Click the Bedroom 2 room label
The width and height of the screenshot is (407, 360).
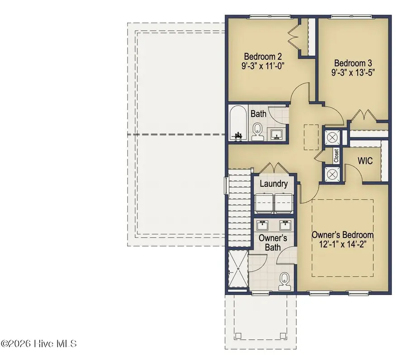click(x=263, y=57)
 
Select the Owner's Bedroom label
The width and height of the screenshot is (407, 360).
click(x=343, y=235)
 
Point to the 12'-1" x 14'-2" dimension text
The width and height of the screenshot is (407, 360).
click(x=343, y=245)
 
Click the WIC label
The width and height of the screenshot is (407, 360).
click(x=365, y=161)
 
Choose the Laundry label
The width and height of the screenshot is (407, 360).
click(x=274, y=184)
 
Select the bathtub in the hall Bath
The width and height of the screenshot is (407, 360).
click(x=237, y=123)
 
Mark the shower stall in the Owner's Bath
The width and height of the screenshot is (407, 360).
click(x=237, y=271)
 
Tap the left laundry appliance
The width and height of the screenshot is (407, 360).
click(x=264, y=202)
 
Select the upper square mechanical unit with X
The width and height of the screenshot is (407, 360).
click(x=330, y=137)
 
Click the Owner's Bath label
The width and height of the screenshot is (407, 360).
click(x=270, y=242)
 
